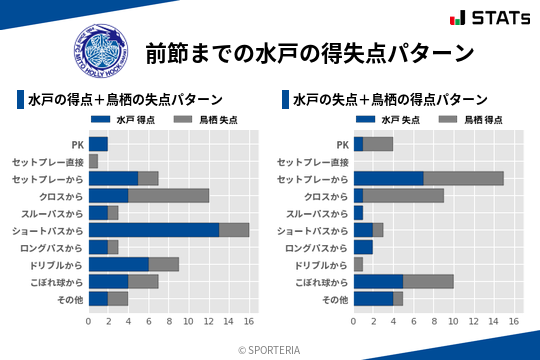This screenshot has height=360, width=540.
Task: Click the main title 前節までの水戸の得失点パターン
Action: point(309,51)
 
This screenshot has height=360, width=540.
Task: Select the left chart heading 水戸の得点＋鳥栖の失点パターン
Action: point(125,100)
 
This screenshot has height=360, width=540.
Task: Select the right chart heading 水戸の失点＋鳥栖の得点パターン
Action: point(390,100)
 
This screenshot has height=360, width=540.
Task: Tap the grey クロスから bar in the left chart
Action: point(169,195)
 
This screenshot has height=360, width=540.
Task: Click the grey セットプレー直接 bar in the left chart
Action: point(94,161)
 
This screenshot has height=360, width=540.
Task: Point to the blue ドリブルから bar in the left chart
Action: point(119,264)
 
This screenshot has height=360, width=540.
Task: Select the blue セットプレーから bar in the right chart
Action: point(389,178)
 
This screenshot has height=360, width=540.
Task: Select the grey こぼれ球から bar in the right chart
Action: point(429,281)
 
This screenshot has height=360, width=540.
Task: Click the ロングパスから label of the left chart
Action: point(51,247)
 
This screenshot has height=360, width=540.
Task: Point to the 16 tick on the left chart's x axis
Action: point(250,321)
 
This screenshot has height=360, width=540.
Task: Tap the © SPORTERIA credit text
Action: point(270,349)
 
